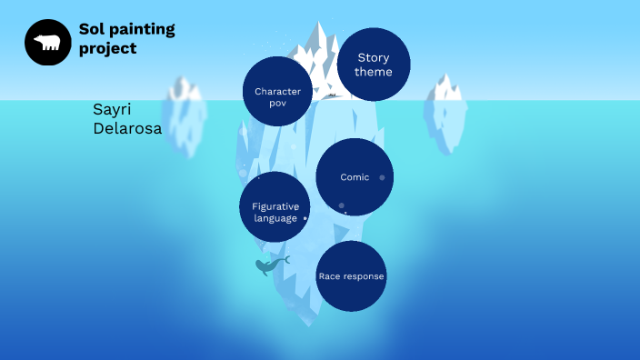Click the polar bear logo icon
[x=47, y=42]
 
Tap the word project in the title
[x=107, y=48]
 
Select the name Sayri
[x=112, y=109]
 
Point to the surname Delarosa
[x=127, y=129]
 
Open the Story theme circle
[x=374, y=65]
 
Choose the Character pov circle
[x=277, y=92]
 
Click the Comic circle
[x=355, y=177]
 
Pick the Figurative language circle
[x=275, y=207]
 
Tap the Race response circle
[x=351, y=276]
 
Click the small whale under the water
[x=269, y=265]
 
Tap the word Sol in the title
[x=92, y=29]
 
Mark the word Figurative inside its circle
[x=275, y=206]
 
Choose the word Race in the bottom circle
[x=328, y=276]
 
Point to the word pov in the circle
[x=277, y=104]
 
